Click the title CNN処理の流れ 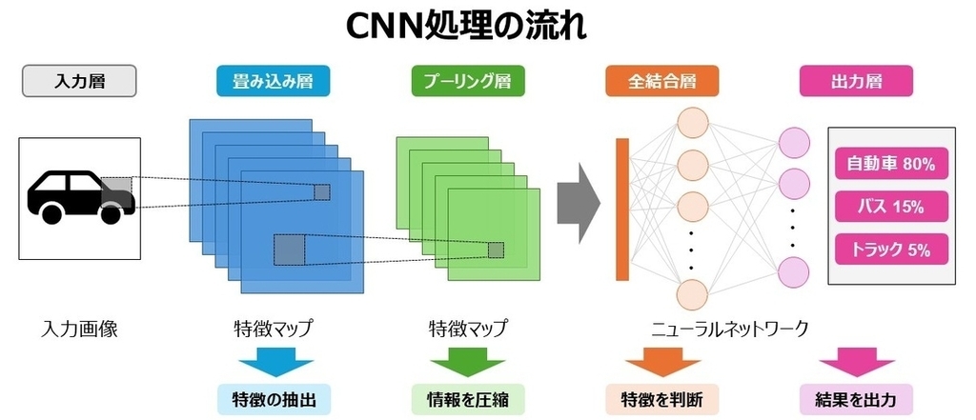click(465, 26)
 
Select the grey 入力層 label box click(79, 81)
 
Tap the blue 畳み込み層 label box click(273, 81)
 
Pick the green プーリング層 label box click(468, 81)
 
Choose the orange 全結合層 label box click(662, 81)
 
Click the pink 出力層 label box click(857, 81)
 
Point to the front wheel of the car click(111, 213)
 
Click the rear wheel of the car click(51, 213)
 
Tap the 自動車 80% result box click(891, 164)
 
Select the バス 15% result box click(891, 207)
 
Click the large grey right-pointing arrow click(579, 203)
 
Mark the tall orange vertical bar click(622, 210)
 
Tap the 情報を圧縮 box click(468, 399)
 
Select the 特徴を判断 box click(662, 399)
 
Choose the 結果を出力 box click(857, 399)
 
